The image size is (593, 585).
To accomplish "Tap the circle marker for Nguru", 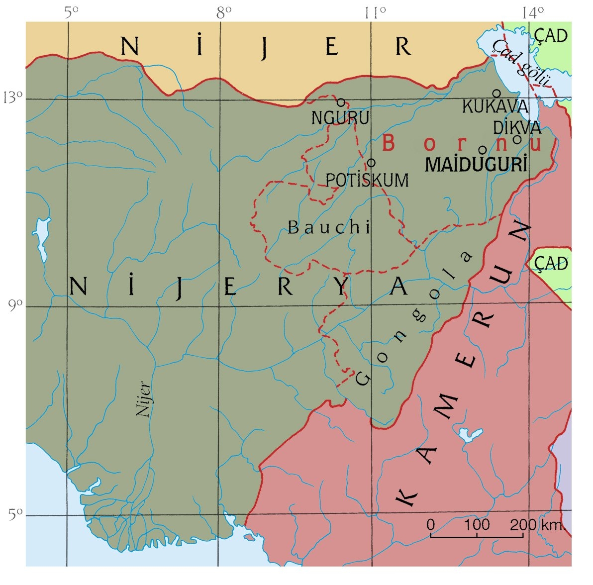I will [x=341, y=102].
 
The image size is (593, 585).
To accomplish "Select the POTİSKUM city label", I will [x=367, y=180].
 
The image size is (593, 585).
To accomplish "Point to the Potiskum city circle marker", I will [x=371, y=163].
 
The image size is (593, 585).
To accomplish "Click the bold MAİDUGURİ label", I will [x=477, y=165].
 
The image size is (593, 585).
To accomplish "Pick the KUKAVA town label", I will [x=495, y=106].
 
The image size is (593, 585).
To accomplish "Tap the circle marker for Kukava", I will [x=496, y=93].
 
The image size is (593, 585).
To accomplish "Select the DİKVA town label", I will [x=517, y=127].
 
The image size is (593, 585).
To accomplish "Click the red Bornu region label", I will [x=461, y=144].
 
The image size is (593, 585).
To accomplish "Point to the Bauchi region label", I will [x=329, y=227].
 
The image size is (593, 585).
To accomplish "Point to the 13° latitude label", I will [x=13, y=97].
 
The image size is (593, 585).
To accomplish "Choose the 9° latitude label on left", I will [x=15, y=304].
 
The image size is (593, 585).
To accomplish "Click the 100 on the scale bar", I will [x=477, y=524].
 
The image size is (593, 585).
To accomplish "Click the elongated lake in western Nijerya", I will [x=40, y=239].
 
